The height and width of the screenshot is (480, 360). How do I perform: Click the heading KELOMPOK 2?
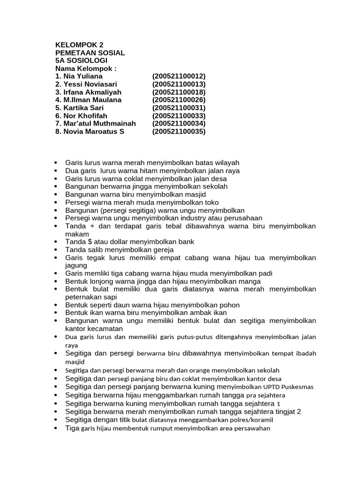[79, 45]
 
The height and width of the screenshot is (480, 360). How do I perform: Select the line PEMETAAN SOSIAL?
[90, 53]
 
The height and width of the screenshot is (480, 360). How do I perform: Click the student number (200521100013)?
[179, 84]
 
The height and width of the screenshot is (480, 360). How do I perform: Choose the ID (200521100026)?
[179, 100]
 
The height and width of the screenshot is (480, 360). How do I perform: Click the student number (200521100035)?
[179, 131]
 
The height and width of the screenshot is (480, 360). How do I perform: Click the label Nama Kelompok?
[85, 68]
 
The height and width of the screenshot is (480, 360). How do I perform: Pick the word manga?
[251, 281]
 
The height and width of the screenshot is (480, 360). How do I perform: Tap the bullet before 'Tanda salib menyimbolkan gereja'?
[57, 250]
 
